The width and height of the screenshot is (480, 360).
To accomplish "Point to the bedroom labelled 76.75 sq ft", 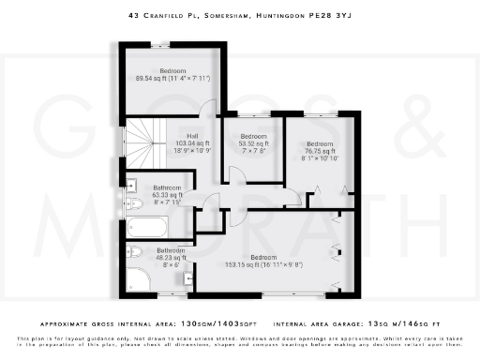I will click(x=319, y=149).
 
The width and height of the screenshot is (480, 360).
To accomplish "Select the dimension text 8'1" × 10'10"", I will click(x=319, y=157).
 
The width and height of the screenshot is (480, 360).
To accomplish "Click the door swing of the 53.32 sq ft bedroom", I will click(x=232, y=172).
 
